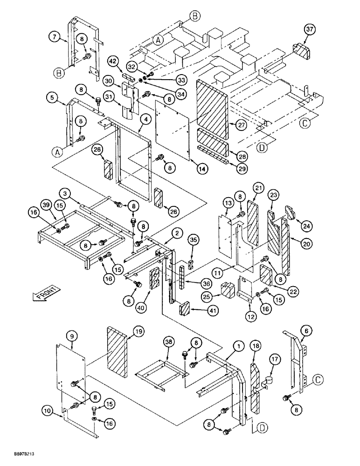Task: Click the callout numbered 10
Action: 46,411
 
